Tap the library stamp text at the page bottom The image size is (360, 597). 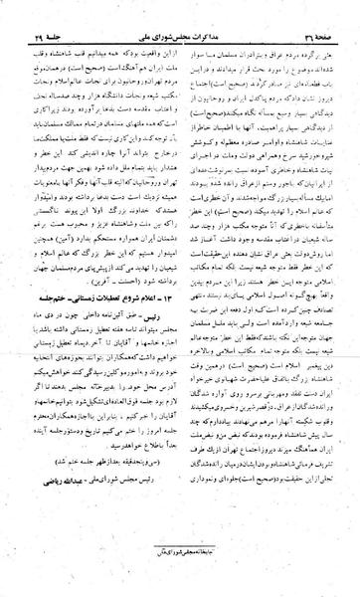180,569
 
